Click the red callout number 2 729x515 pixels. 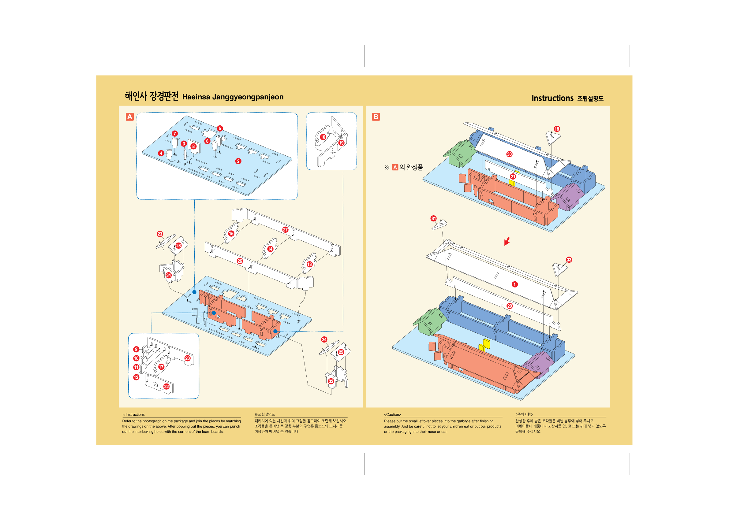238,161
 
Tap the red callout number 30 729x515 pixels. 509,154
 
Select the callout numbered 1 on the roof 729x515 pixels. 515,284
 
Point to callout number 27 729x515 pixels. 285,230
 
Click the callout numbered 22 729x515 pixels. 166,386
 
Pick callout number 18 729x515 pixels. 557,129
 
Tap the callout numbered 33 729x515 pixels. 569,260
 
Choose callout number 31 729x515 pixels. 433,218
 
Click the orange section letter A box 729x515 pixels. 129,117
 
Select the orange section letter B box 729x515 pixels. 376,117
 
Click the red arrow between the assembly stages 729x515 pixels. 507,241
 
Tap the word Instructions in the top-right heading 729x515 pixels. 552,98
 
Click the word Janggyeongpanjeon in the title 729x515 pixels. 248,97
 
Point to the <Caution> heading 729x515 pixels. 392,414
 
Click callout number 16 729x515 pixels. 323,137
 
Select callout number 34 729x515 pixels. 169,275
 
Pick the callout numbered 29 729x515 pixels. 510,306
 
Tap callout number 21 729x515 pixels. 513,176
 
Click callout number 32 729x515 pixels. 331,381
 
